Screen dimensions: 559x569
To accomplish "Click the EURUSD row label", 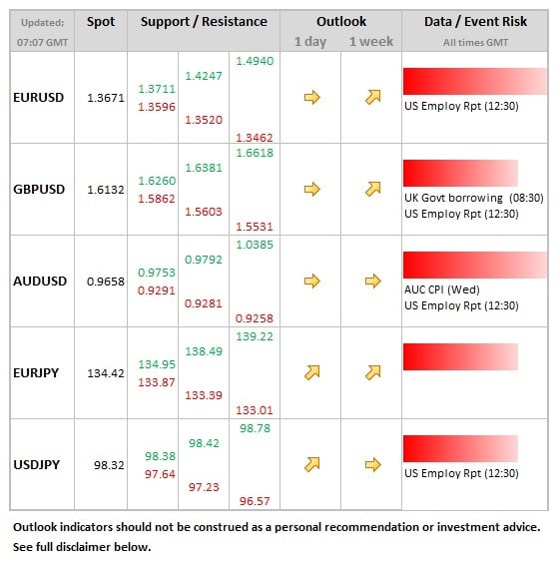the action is pos(39,97).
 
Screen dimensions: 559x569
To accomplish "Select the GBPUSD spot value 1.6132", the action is pos(106,190).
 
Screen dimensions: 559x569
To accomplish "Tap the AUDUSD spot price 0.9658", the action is pos(106,282).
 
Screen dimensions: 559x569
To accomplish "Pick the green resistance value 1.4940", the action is pos(255,61).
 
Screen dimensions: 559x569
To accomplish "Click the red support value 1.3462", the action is pos(255,138).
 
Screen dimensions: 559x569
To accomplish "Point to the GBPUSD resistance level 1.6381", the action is pos(204,168).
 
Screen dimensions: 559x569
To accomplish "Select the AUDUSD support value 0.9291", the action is pos(157,290).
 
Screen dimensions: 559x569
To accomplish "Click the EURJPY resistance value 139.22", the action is pos(255,336).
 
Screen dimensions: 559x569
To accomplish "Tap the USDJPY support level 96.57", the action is pos(255,501).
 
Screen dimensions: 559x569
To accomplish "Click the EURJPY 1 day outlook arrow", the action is pos(311,372).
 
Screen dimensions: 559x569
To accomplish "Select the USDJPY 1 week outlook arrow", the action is pos(372,464).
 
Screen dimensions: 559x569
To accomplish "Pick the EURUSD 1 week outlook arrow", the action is pos(372,97).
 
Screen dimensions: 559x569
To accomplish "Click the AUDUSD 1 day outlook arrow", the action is pos(311,281).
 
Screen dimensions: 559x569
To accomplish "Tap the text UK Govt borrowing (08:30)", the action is pos(474,198).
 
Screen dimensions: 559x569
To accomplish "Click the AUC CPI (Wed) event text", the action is pos(442,289).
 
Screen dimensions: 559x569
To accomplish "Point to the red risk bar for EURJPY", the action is pos(460,357).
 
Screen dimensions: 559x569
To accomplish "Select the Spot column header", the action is pos(101,22).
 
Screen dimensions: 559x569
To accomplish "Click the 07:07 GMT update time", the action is pos(43,43).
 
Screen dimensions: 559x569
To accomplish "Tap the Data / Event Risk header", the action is pos(475,21).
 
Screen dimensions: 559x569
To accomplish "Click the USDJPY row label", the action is pos(37,465).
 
